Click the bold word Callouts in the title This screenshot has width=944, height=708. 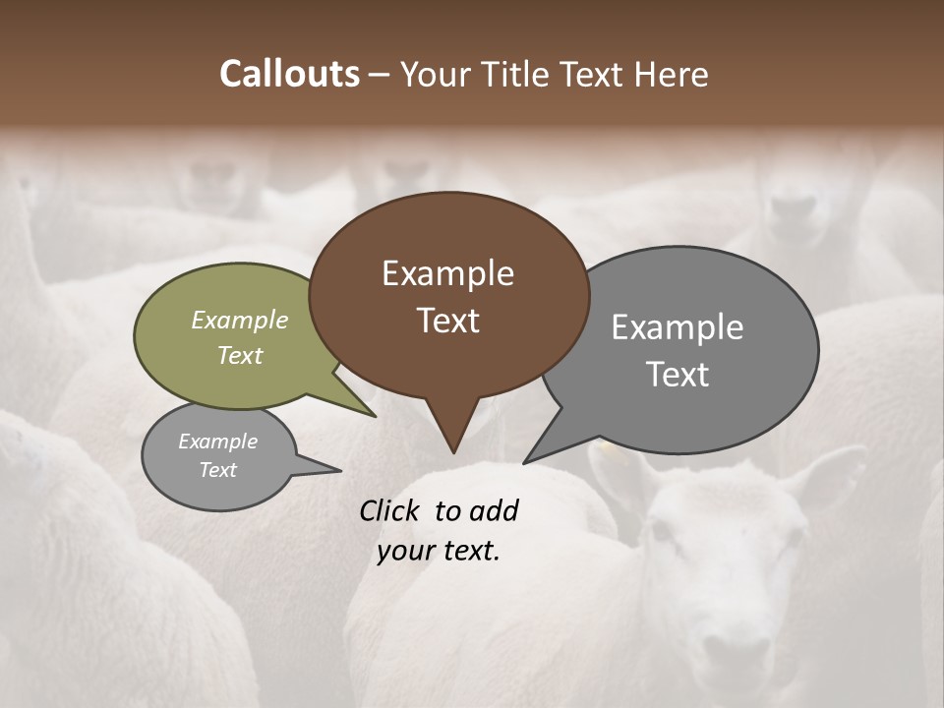[289, 74]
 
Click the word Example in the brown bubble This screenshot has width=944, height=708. [447, 273]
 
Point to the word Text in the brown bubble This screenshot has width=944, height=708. [447, 320]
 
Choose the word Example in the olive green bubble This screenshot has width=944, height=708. [240, 320]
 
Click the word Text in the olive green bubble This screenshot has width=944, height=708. [240, 355]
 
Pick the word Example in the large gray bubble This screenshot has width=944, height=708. [677, 327]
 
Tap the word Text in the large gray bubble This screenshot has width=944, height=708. [677, 374]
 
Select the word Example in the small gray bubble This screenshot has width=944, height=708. [217, 442]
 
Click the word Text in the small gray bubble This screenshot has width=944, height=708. [217, 470]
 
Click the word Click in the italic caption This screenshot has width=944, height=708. [391, 510]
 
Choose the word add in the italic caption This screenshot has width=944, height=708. [494, 510]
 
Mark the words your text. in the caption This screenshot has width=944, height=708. [439, 551]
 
